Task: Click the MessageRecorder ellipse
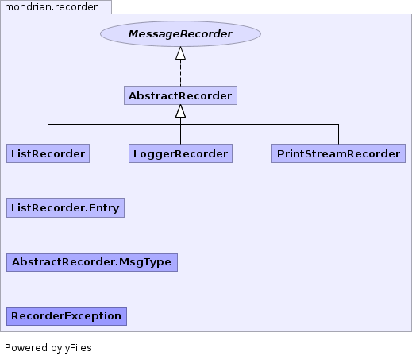[180, 34]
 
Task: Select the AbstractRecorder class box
[180, 95]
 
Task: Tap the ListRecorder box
[48, 153]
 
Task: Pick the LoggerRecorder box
[180, 153]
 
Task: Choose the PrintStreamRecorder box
[338, 153]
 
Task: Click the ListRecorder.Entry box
[65, 207]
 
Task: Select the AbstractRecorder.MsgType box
[92, 262]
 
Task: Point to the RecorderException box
[67, 316]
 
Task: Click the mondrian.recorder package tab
[56, 7]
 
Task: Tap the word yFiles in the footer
[79, 348]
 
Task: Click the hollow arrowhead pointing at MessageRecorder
[180, 53]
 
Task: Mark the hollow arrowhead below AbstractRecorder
[180, 110]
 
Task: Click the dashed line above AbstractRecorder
[180, 73]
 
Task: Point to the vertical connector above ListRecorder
[48, 134]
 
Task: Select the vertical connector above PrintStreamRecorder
[338, 134]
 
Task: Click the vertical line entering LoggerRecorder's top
[180, 131]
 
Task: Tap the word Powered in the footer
[25, 347]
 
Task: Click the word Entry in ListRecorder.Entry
[104, 208]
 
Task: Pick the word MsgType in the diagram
[145, 262]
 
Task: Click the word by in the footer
[56, 348]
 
